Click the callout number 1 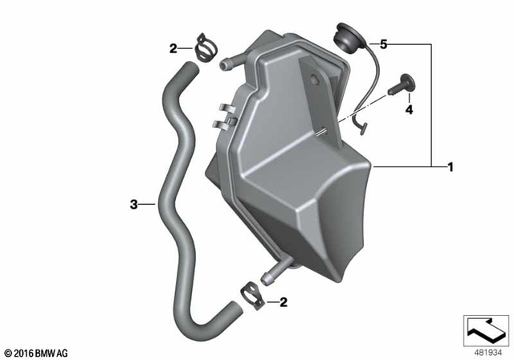click(x=451, y=167)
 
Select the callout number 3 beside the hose click(x=134, y=204)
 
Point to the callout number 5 click(x=383, y=45)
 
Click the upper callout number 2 click(x=172, y=50)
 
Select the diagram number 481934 click(x=485, y=352)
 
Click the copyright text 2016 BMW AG click(x=37, y=352)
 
